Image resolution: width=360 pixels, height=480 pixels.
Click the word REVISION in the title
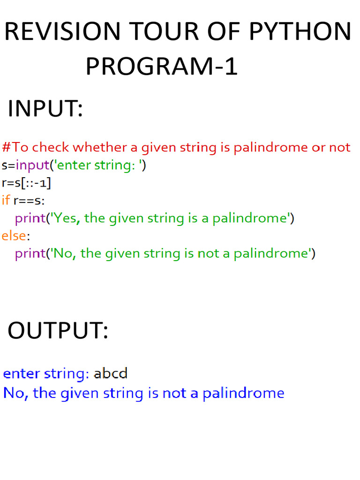click(62, 32)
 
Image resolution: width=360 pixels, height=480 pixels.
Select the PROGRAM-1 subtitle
click(162, 67)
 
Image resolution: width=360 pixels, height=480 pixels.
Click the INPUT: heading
click(45, 109)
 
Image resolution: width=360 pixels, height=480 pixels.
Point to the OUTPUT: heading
click(58, 331)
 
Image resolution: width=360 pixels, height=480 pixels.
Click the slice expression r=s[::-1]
click(27, 183)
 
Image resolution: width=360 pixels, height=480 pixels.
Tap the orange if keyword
click(6, 200)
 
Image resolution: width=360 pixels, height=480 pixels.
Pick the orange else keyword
click(13, 235)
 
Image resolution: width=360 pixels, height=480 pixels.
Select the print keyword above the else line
click(30, 218)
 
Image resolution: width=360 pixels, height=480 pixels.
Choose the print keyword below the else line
click(30, 254)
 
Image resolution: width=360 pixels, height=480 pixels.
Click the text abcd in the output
click(110, 374)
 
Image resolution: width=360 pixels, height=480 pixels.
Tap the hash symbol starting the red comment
click(6, 147)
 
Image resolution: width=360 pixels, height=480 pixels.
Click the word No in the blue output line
click(14, 393)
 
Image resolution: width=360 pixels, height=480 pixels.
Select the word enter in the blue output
click(22, 374)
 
